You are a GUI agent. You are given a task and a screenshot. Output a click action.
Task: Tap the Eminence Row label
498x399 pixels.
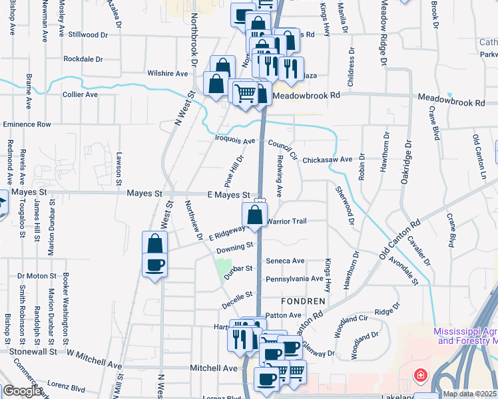(x=27, y=124)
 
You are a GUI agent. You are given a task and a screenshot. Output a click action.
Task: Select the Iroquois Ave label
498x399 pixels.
(x=235, y=141)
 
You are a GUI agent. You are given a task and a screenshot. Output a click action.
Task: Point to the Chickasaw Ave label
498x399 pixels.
(x=327, y=160)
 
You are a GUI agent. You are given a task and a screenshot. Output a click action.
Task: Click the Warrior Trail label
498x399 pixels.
(x=286, y=221)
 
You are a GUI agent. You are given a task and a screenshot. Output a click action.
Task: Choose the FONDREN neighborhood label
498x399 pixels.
(x=302, y=301)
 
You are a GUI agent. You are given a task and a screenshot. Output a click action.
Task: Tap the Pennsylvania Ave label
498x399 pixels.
(x=294, y=279)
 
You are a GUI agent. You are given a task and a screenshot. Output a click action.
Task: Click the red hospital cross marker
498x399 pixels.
(x=420, y=376)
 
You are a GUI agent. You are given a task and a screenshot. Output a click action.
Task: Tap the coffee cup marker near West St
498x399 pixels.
(x=155, y=265)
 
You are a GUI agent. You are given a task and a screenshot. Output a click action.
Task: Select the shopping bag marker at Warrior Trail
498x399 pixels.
(x=254, y=215)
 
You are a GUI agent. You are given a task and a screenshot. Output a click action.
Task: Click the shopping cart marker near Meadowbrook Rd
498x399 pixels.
(x=245, y=92)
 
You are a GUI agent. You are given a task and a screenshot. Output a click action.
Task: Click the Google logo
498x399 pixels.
(x=22, y=391)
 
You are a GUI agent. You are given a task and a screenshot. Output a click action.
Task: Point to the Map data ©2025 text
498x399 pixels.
(x=469, y=394)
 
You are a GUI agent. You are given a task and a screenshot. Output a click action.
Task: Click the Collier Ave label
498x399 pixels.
(x=81, y=94)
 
